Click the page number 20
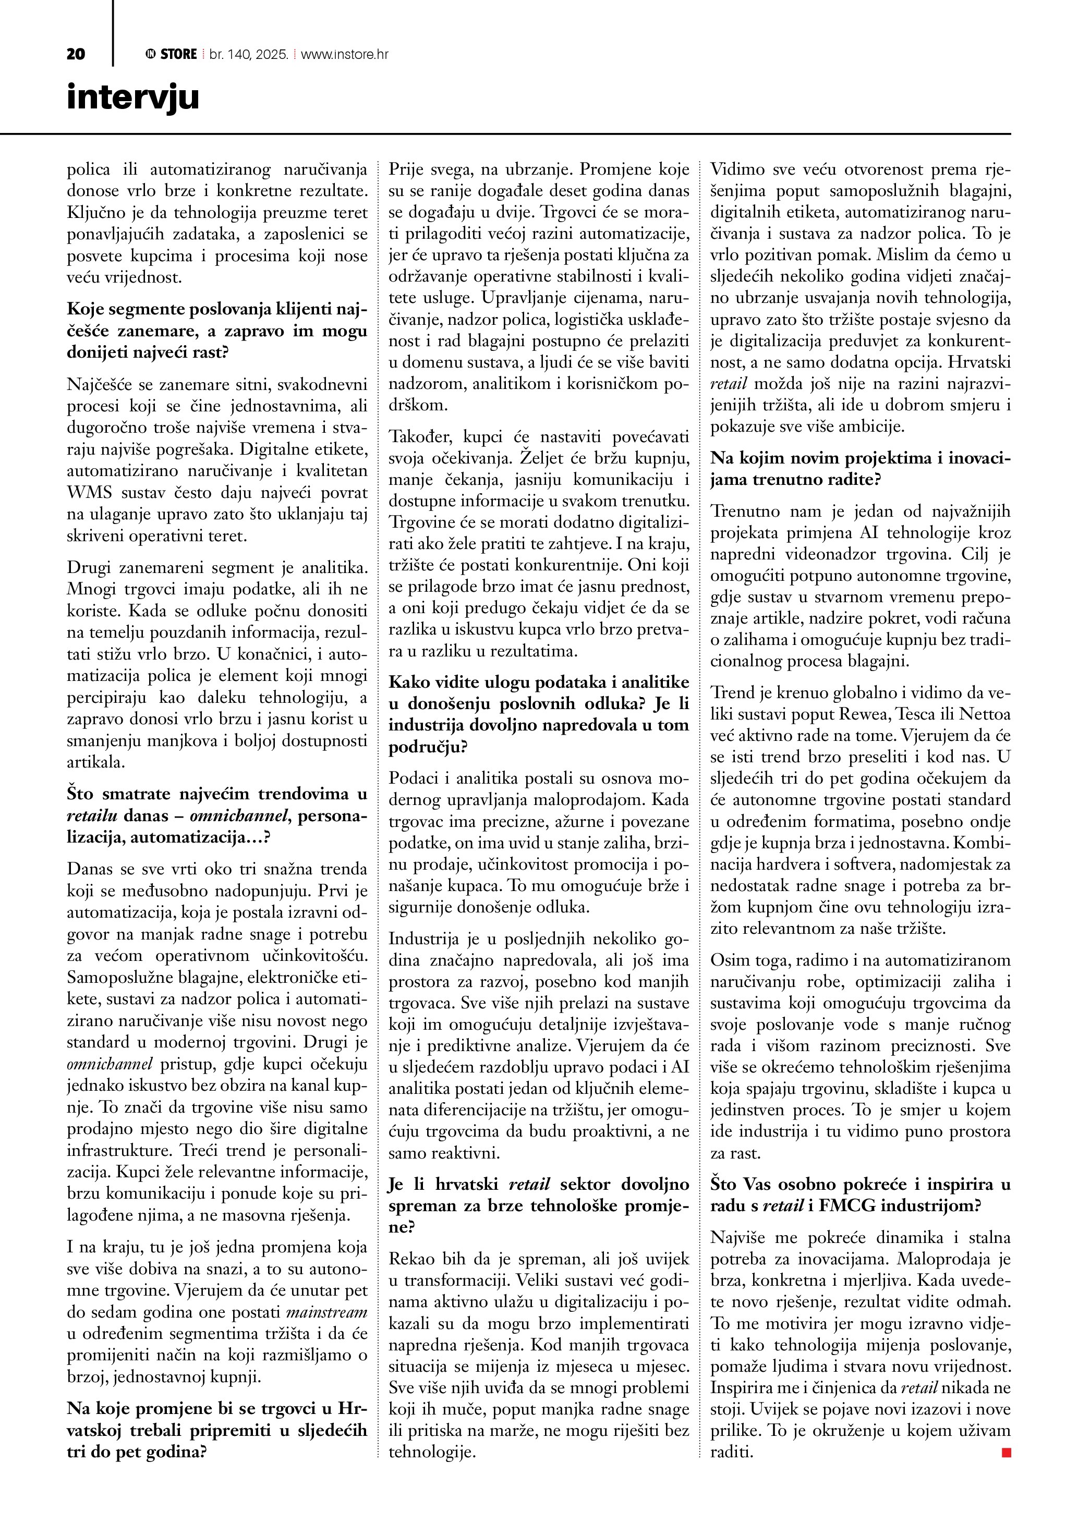[76, 54]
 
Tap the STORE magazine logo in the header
[171, 54]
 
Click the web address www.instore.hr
[345, 54]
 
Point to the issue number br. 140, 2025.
[248, 54]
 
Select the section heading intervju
[133, 97]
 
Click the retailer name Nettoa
[985, 714]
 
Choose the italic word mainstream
[326, 1312]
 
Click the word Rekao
[410, 1259]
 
